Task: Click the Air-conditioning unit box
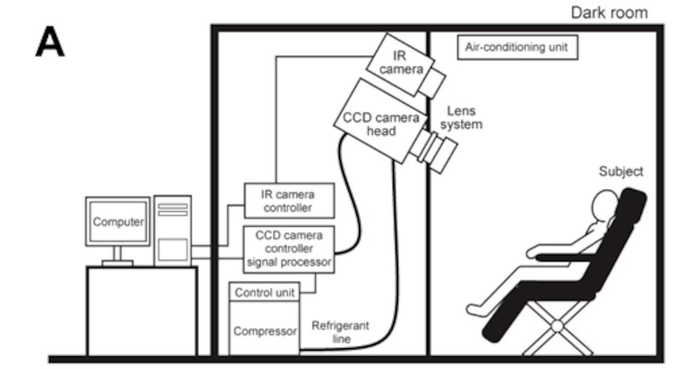(x=517, y=48)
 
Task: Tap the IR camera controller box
(x=289, y=201)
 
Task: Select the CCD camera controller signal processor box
(x=289, y=249)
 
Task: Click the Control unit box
(x=264, y=293)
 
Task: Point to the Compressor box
(x=264, y=331)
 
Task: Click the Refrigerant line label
(x=340, y=332)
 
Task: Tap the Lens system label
(x=461, y=118)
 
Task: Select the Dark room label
(x=609, y=13)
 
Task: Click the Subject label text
(x=620, y=172)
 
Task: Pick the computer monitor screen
(x=118, y=221)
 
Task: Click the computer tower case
(x=172, y=231)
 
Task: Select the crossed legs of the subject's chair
(x=557, y=326)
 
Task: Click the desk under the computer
(x=142, y=311)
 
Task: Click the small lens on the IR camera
(x=432, y=82)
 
